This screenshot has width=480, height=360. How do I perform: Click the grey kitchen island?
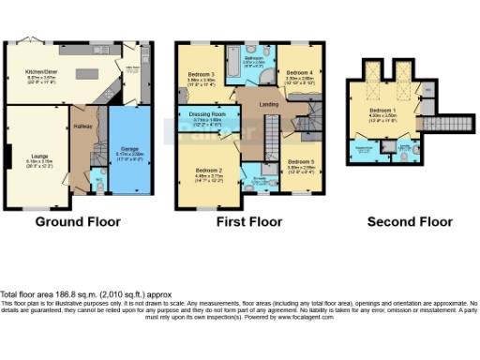90,72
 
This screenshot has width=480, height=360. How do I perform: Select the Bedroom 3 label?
201,75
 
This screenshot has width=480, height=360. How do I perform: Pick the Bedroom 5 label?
301,162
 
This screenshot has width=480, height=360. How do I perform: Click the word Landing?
268,105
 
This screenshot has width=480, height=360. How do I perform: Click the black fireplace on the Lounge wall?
8,157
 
